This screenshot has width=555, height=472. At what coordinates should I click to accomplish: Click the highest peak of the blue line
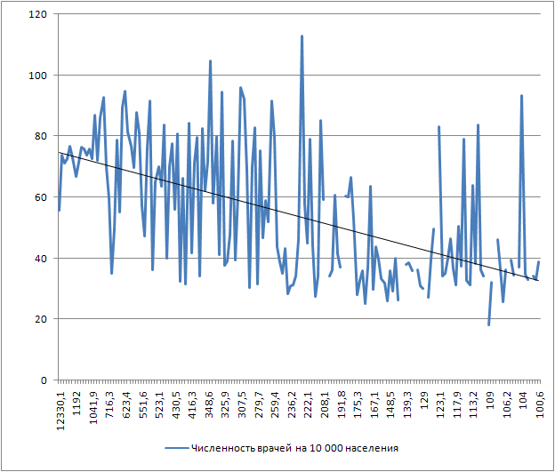(x=302, y=36)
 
